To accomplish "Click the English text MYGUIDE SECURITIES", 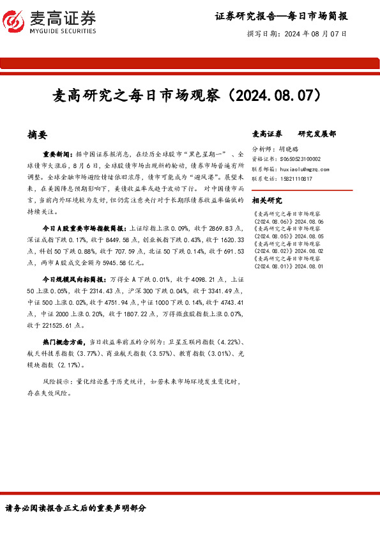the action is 63,31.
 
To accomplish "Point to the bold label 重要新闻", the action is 58,155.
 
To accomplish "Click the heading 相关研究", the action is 267,199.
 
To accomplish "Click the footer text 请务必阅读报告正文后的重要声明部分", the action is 75,508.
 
